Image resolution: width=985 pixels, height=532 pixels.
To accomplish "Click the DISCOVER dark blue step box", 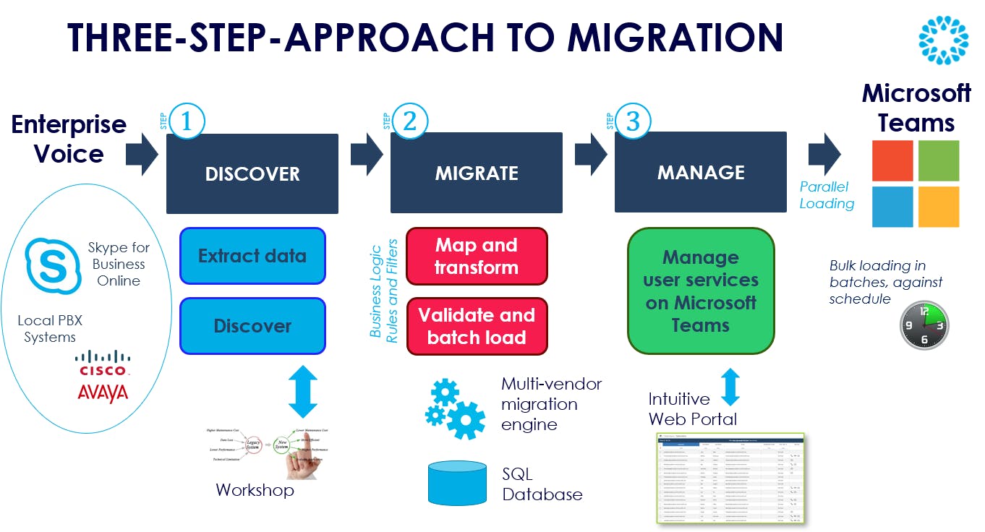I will [x=252, y=173].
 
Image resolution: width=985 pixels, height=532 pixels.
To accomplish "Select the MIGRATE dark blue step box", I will [x=477, y=173].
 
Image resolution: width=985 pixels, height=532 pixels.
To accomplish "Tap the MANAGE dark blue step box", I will [x=701, y=172].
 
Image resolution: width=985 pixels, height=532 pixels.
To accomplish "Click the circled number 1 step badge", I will [x=188, y=122].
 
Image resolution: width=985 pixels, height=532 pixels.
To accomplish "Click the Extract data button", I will [x=252, y=256].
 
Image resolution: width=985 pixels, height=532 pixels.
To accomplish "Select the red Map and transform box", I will [x=477, y=257].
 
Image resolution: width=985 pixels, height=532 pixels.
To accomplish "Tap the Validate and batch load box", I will [x=477, y=326].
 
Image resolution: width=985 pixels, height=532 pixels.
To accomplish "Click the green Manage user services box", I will [x=701, y=291].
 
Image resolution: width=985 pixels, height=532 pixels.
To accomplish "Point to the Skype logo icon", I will [x=53, y=265].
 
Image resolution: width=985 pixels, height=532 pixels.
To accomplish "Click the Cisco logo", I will [x=103, y=362].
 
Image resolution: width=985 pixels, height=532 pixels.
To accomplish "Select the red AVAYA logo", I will [x=103, y=392].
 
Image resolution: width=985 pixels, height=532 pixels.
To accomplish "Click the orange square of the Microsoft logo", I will [x=938, y=207].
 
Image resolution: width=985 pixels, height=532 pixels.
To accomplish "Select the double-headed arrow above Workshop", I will [x=303, y=390].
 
